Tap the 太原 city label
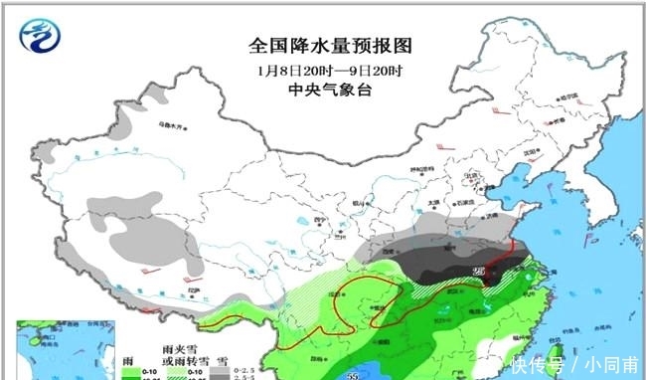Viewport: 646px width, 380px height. (434, 202)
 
